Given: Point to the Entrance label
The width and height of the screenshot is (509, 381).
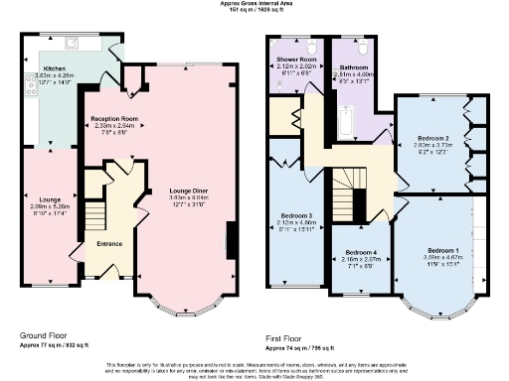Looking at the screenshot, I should click(x=109, y=243).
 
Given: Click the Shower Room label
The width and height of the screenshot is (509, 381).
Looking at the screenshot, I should click(x=296, y=61).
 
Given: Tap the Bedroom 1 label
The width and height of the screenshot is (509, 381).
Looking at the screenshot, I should click(x=442, y=249).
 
